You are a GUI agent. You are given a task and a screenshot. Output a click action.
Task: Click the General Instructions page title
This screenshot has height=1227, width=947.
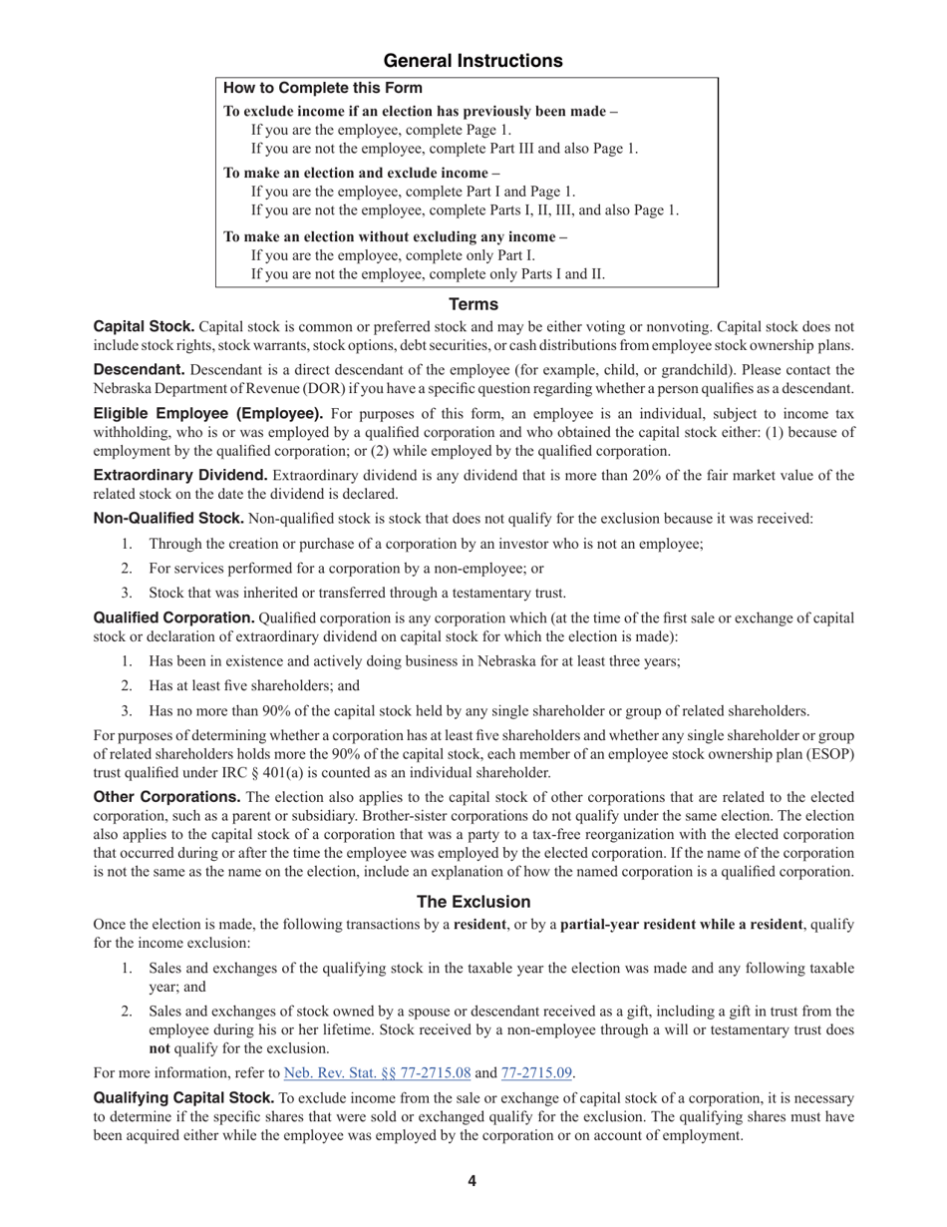tap(473, 61)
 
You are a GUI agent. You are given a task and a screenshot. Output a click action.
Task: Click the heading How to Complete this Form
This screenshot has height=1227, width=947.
tap(323, 89)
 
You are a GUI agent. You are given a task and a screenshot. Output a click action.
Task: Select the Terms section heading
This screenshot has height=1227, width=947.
tap(473, 304)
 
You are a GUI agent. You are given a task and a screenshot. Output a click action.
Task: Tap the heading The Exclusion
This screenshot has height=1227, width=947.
tap(473, 901)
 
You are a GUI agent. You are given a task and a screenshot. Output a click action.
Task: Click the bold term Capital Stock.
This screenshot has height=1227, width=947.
tap(144, 327)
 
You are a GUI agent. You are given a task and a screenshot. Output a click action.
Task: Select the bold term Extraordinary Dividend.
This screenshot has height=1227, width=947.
tap(180, 475)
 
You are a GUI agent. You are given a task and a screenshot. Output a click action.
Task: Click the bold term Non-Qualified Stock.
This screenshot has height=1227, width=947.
tap(168, 519)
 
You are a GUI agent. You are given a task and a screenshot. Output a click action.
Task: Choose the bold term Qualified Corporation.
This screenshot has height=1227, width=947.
tap(173, 617)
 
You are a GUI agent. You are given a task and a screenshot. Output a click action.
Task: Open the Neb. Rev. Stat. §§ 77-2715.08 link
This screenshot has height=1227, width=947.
tap(377, 1072)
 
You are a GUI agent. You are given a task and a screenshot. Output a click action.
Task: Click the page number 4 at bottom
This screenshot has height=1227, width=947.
tap(473, 1181)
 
